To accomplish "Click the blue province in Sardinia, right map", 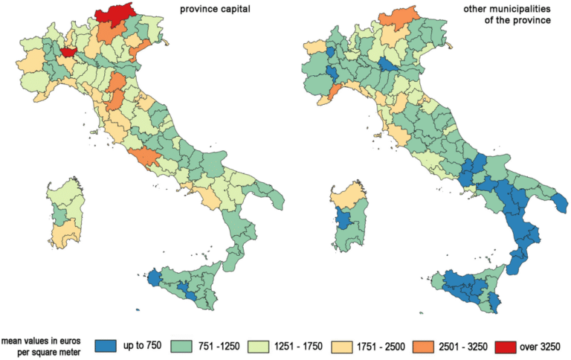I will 344,219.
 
